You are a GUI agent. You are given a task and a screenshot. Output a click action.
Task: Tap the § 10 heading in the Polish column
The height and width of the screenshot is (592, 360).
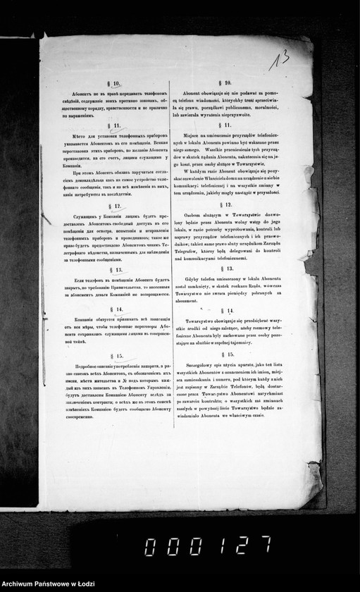pos(228,82)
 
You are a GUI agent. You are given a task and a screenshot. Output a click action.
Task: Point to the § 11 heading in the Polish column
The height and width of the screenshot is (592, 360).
pos(227,124)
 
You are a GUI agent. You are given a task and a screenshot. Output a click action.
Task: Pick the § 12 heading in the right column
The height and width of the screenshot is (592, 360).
pos(226,204)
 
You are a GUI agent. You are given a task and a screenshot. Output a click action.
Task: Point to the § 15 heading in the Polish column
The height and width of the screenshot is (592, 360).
pos(226,356)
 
